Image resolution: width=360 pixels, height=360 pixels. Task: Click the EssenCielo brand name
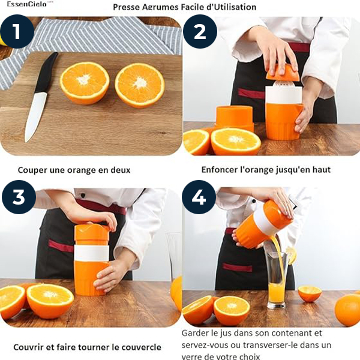pos(26,4)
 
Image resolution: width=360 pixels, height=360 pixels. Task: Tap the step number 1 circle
pos(17,31)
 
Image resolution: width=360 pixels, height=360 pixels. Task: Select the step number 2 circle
pos(200,31)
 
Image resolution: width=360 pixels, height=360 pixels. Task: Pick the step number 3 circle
pos(19,197)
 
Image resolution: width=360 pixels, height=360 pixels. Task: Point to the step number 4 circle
pos(199,197)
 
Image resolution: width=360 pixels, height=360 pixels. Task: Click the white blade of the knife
pos(35,116)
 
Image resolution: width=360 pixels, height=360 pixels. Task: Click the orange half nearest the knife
pos(85,83)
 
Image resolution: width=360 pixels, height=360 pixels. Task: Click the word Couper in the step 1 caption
pos(32,170)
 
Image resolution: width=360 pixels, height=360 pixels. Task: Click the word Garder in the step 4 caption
pos(195,333)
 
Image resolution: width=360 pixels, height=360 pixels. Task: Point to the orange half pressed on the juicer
pos(283,73)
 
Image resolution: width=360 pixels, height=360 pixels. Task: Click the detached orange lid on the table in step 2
pos(234,118)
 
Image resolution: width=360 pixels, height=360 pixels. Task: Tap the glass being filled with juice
pos(277,280)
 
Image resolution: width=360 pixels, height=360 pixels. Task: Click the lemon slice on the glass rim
pos(290,255)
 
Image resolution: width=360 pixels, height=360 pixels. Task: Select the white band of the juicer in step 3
pos(91,253)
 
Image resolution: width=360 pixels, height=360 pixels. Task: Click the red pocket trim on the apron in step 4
pos(237,268)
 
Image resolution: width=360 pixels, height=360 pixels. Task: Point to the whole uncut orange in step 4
pos(347,310)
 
